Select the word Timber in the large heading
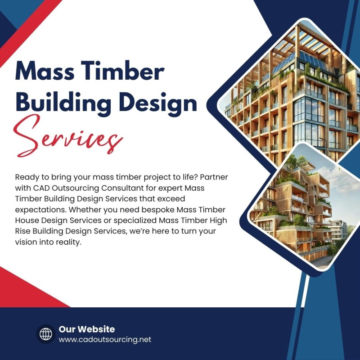tap(122, 71)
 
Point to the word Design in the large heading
tap(158, 103)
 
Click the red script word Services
tap(68, 137)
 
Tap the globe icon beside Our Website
tap(46, 334)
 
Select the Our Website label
tap(87, 329)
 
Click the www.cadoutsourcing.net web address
tap(105, 339)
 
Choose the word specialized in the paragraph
tap(135, 220)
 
